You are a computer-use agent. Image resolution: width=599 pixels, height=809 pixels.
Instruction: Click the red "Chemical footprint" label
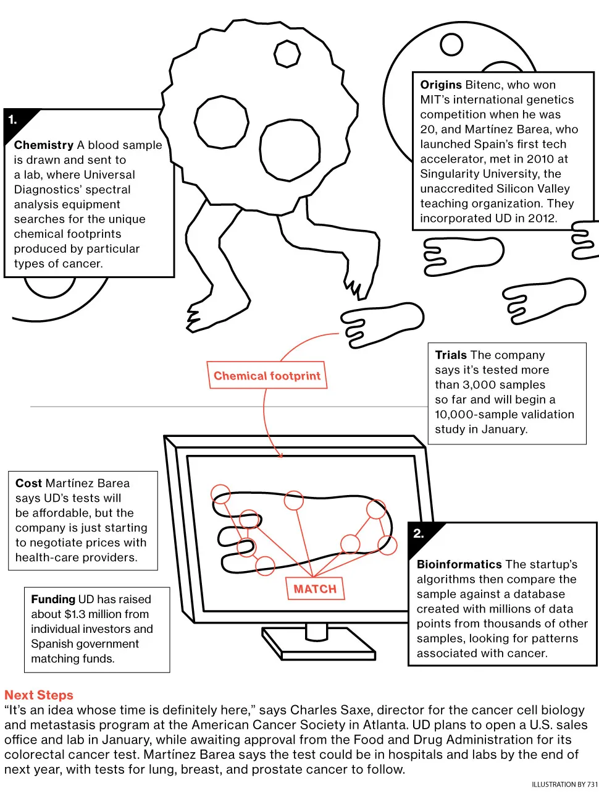pyautogui.click(x=267, y=376)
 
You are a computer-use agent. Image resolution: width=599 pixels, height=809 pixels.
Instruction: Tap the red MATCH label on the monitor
pyautogui.click(x=315, y=589)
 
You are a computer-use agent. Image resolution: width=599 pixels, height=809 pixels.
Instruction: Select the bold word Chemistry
pyautogui.click(x=44, y=145)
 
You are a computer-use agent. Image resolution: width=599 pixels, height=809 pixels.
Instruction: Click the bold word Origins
pyautogui.click(x=441, y=85)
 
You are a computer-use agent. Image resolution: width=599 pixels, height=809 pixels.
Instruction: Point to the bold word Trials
pyautogui.click(x=451, y=355)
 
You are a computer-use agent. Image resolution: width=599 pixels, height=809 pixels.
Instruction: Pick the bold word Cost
pyautogui.click(x=28, y=483)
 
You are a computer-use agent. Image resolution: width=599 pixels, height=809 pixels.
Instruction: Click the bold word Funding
pyautogui.click(x=53, y=599)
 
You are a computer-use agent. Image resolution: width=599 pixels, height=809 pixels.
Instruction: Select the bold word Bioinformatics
pyautogui.click(x=459, y=564)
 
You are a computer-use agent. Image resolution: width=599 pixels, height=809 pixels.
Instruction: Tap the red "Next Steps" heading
pyautogui.click(x=39, y=695)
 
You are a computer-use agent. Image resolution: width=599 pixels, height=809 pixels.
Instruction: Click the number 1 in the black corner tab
pyautogui.click(x=12, y=120)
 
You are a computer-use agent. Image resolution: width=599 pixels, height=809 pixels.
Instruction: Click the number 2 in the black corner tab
pyautogui.click(x=419, y=533)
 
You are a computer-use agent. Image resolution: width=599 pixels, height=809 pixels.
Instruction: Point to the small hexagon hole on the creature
pyautogui.click(x=287, y=54)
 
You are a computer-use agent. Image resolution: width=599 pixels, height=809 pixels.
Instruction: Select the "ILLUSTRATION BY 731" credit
pyautogui.click(x=564, y=784)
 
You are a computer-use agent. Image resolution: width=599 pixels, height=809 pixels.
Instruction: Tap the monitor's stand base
pyautogui.click(x=319, y=644)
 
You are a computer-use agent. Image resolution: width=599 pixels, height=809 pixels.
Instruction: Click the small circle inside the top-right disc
pyautogui.click(x=451, y=44)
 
